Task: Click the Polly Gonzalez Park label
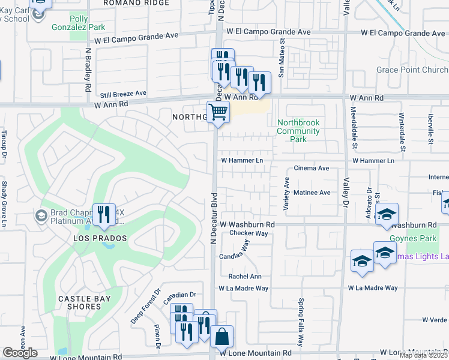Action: click(87, 23)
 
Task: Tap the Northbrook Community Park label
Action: click(298, 131)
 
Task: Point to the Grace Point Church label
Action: click(412, 70)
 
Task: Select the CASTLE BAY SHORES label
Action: click(88, 302)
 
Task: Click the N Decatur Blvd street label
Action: click(212, 218)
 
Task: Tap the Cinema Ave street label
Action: click(311, 169)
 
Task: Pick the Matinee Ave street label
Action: click(312, 193)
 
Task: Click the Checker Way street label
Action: click(248, 233)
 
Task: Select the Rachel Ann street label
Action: click(245, 277)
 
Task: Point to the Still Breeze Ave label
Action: click(123, 94)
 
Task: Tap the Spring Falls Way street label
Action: click(301, 325)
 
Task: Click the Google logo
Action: click(20, 353)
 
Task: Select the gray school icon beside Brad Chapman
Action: click(42, 215)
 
